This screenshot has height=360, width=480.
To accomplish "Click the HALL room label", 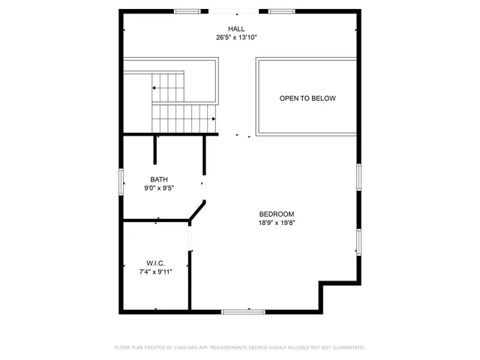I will pos(237,28).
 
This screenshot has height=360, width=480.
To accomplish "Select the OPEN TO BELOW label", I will pos(307,98).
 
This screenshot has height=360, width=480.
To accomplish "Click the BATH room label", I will pos(159,179).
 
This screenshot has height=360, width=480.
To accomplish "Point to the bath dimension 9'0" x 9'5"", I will pos(159,188).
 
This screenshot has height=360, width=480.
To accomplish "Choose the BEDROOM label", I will pos(276,213).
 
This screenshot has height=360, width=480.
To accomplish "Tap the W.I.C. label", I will pos(155,263).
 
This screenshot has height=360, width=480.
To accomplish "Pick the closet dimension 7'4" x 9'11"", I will pos(155,271).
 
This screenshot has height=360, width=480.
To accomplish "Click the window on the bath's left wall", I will pos(122,182).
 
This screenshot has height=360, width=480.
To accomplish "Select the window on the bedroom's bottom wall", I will pos(243,310).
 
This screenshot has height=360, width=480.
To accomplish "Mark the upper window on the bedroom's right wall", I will pos(359,176).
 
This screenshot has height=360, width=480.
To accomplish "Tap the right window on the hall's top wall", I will pos(280,11).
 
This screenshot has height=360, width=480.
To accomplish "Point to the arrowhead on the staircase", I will pos(214,118).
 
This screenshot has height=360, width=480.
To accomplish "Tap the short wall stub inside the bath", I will pos(155,148).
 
